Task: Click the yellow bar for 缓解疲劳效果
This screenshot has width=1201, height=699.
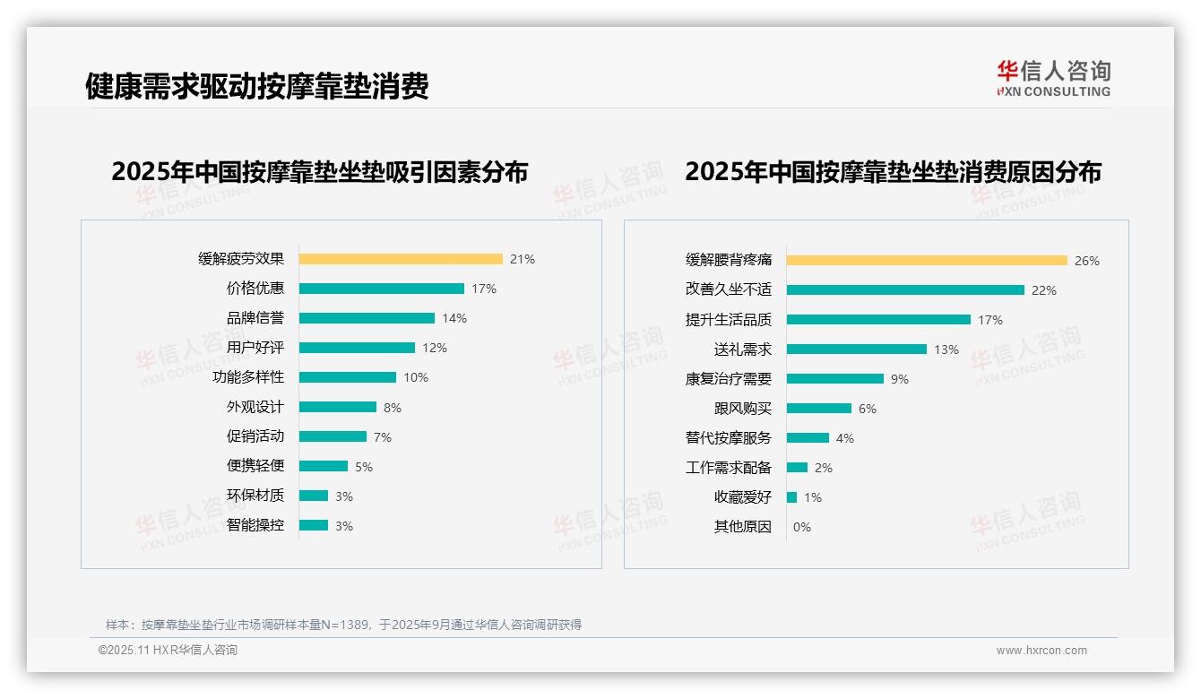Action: point(401,259)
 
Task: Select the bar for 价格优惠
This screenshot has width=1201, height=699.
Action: point(382,289)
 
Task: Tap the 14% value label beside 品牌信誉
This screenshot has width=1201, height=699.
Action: point(454,318)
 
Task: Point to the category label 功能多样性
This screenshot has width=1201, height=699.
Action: point(248,377)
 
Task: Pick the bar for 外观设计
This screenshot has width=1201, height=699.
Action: point(338,407)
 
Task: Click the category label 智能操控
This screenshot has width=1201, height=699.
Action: point(255,525)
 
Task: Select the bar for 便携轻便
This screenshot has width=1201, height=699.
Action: point(324,466)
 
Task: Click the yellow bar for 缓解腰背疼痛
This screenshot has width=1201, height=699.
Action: point(928,261)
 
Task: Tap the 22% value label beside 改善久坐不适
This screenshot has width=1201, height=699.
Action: point(1044,290)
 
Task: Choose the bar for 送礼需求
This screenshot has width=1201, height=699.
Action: point(857,349)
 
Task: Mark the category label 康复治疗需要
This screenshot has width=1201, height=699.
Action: point(729,379)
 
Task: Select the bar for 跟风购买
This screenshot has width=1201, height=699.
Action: point(819,409)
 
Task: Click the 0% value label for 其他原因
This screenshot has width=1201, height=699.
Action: point(802,527)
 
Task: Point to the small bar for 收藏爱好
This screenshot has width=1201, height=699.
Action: point(792,497)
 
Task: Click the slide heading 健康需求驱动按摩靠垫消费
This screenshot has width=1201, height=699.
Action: point(257,86)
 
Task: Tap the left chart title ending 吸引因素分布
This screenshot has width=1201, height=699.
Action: point(320,171)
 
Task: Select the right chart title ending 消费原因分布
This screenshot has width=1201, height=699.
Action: point(893,171)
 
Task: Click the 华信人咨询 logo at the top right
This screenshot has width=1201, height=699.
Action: point(1054,79)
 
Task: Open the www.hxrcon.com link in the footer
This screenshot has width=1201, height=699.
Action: point(1041,651)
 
